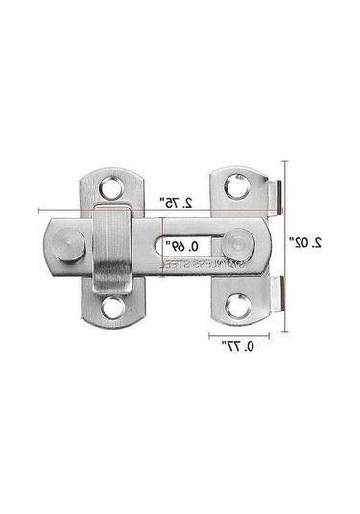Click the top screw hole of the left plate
[114, 184]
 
